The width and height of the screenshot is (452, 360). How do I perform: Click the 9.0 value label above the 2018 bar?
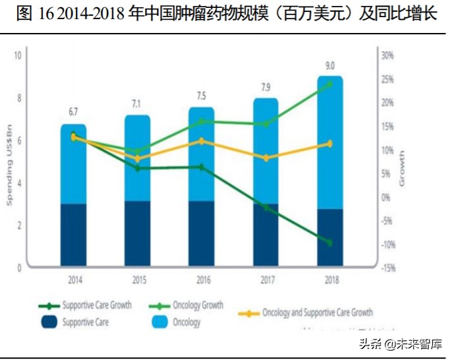pos(330,65)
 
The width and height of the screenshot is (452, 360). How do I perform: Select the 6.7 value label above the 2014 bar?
pos(73,111)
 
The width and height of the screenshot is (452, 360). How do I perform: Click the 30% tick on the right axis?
pos(387,55)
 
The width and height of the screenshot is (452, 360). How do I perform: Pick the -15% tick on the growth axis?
pos(387,268)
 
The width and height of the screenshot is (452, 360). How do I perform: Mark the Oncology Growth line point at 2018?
pos(330,84)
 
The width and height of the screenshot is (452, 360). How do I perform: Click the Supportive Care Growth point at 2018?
pos(330,243)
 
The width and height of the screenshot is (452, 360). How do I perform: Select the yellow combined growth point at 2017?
pos(266,158)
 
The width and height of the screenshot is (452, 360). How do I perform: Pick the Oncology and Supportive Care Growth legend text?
pos(317,313)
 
